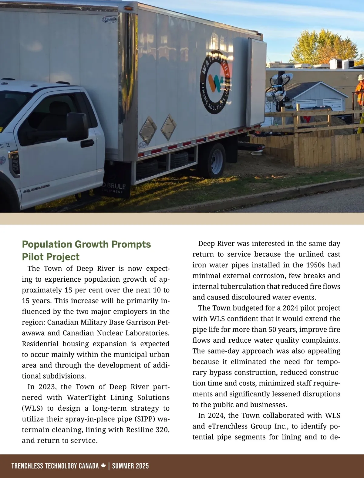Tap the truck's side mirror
coord(77,127)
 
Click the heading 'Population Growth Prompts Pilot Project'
coord(86,250)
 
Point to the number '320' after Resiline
coord(163,430)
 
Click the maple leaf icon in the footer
coord(103,466)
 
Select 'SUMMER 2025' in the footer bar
coord(130,466)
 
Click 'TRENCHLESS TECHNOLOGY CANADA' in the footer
coord(55,466)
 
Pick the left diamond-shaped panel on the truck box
coord(148,130)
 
